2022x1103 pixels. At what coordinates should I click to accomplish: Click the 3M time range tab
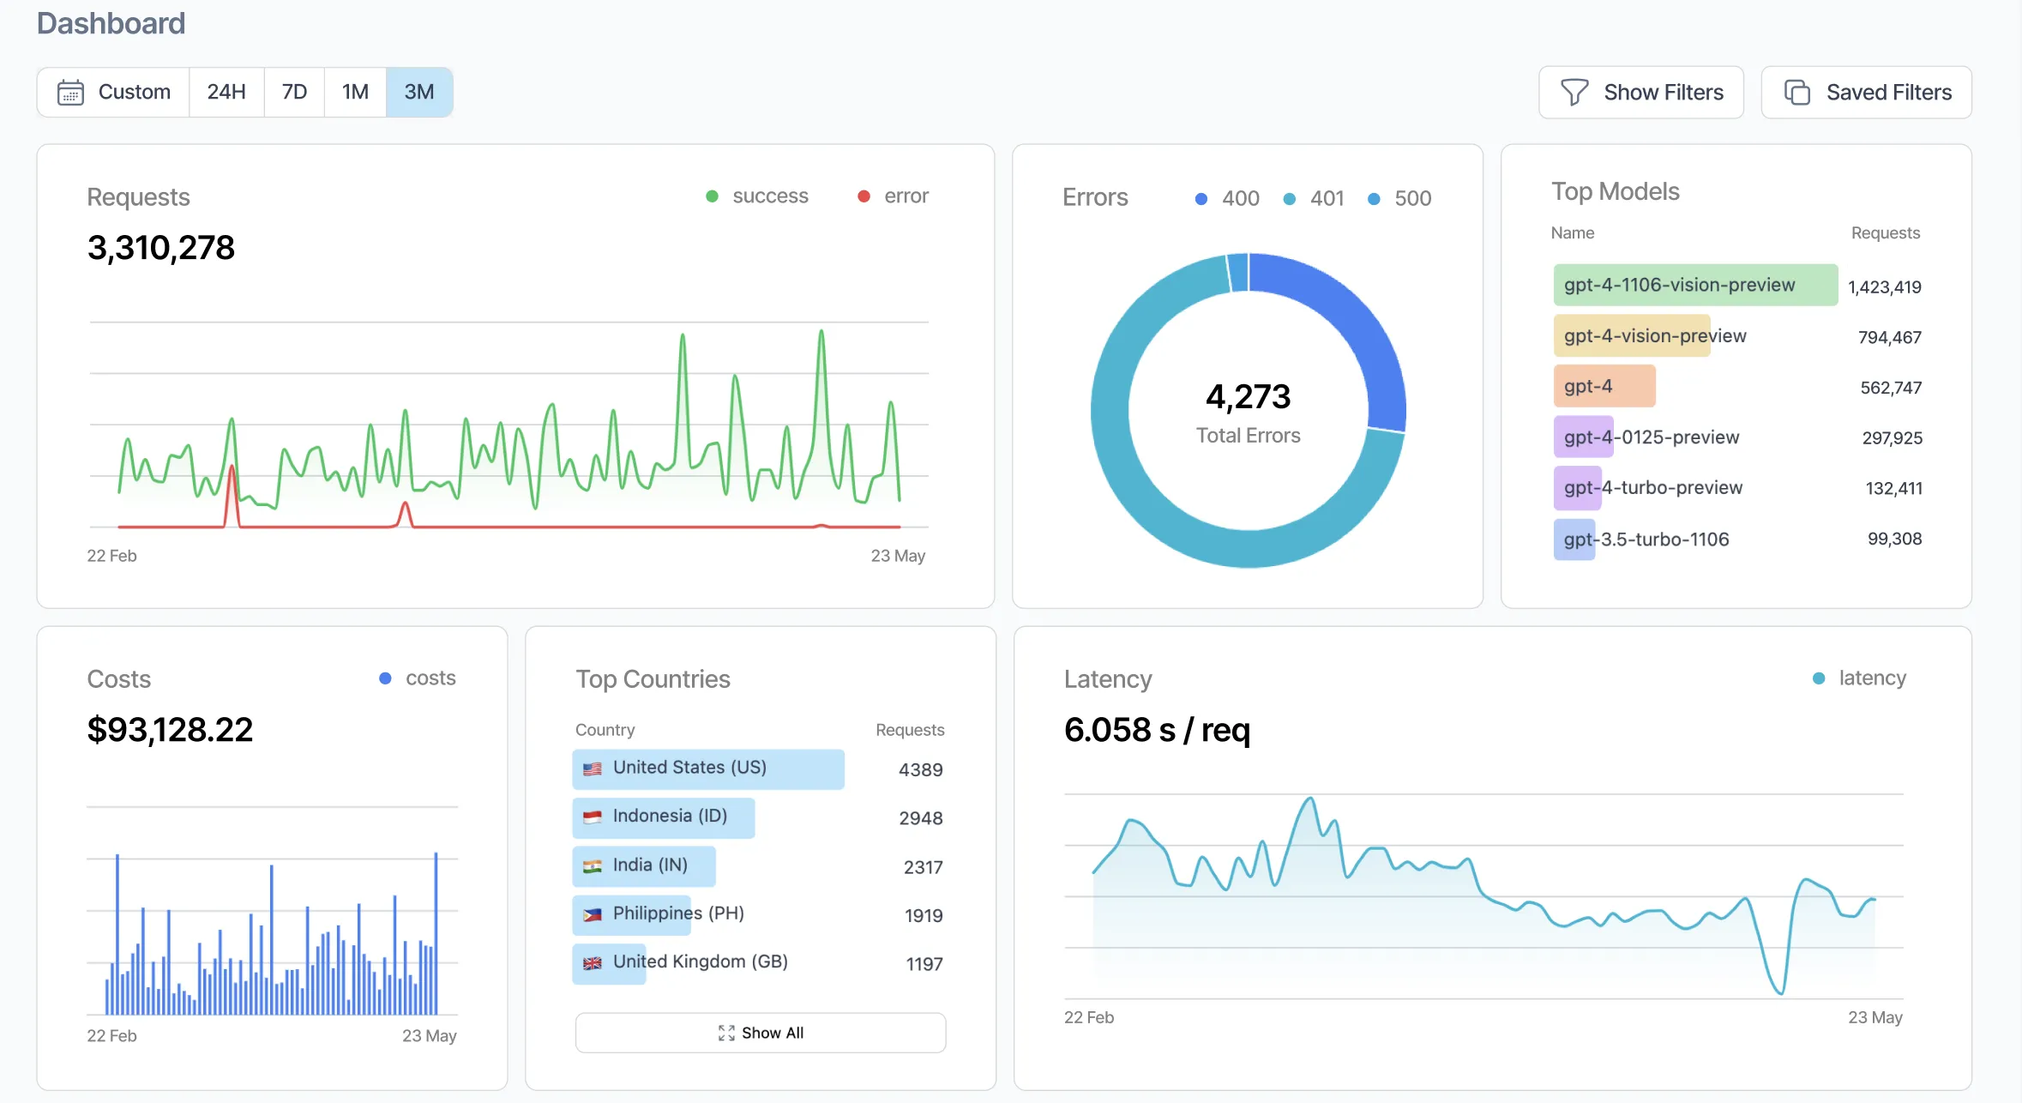(x=418, y=92)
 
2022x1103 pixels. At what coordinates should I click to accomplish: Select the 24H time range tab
(x=226, y=92)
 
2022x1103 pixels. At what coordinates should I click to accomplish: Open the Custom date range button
(x=114, y=92)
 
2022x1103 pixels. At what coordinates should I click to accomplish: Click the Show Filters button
(x=1640, y=93)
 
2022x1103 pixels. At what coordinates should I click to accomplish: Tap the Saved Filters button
(x=1866, y=93)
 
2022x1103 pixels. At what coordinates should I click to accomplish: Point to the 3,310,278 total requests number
(x=161, y=248)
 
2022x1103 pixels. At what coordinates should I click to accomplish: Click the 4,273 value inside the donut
(x=1248, y=396)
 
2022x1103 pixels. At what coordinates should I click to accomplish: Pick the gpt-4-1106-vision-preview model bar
(x=1694, y=285)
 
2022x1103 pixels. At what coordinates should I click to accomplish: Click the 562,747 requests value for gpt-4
(x=1891, y=388)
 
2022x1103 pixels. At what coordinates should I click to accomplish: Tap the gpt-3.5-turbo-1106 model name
(x=1646, y=539)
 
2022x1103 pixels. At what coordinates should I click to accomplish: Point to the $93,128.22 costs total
(x=170, y=730)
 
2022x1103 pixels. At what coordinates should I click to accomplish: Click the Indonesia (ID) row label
(x=670, y=816)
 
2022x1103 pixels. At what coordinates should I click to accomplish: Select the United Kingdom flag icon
(x=593, y=963)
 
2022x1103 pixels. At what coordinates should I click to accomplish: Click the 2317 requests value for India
(x=923, y=867)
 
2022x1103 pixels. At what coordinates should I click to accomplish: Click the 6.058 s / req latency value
(x=1157, y=730)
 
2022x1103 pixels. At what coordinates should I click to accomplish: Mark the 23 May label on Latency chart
(x=1875, y=1017)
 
